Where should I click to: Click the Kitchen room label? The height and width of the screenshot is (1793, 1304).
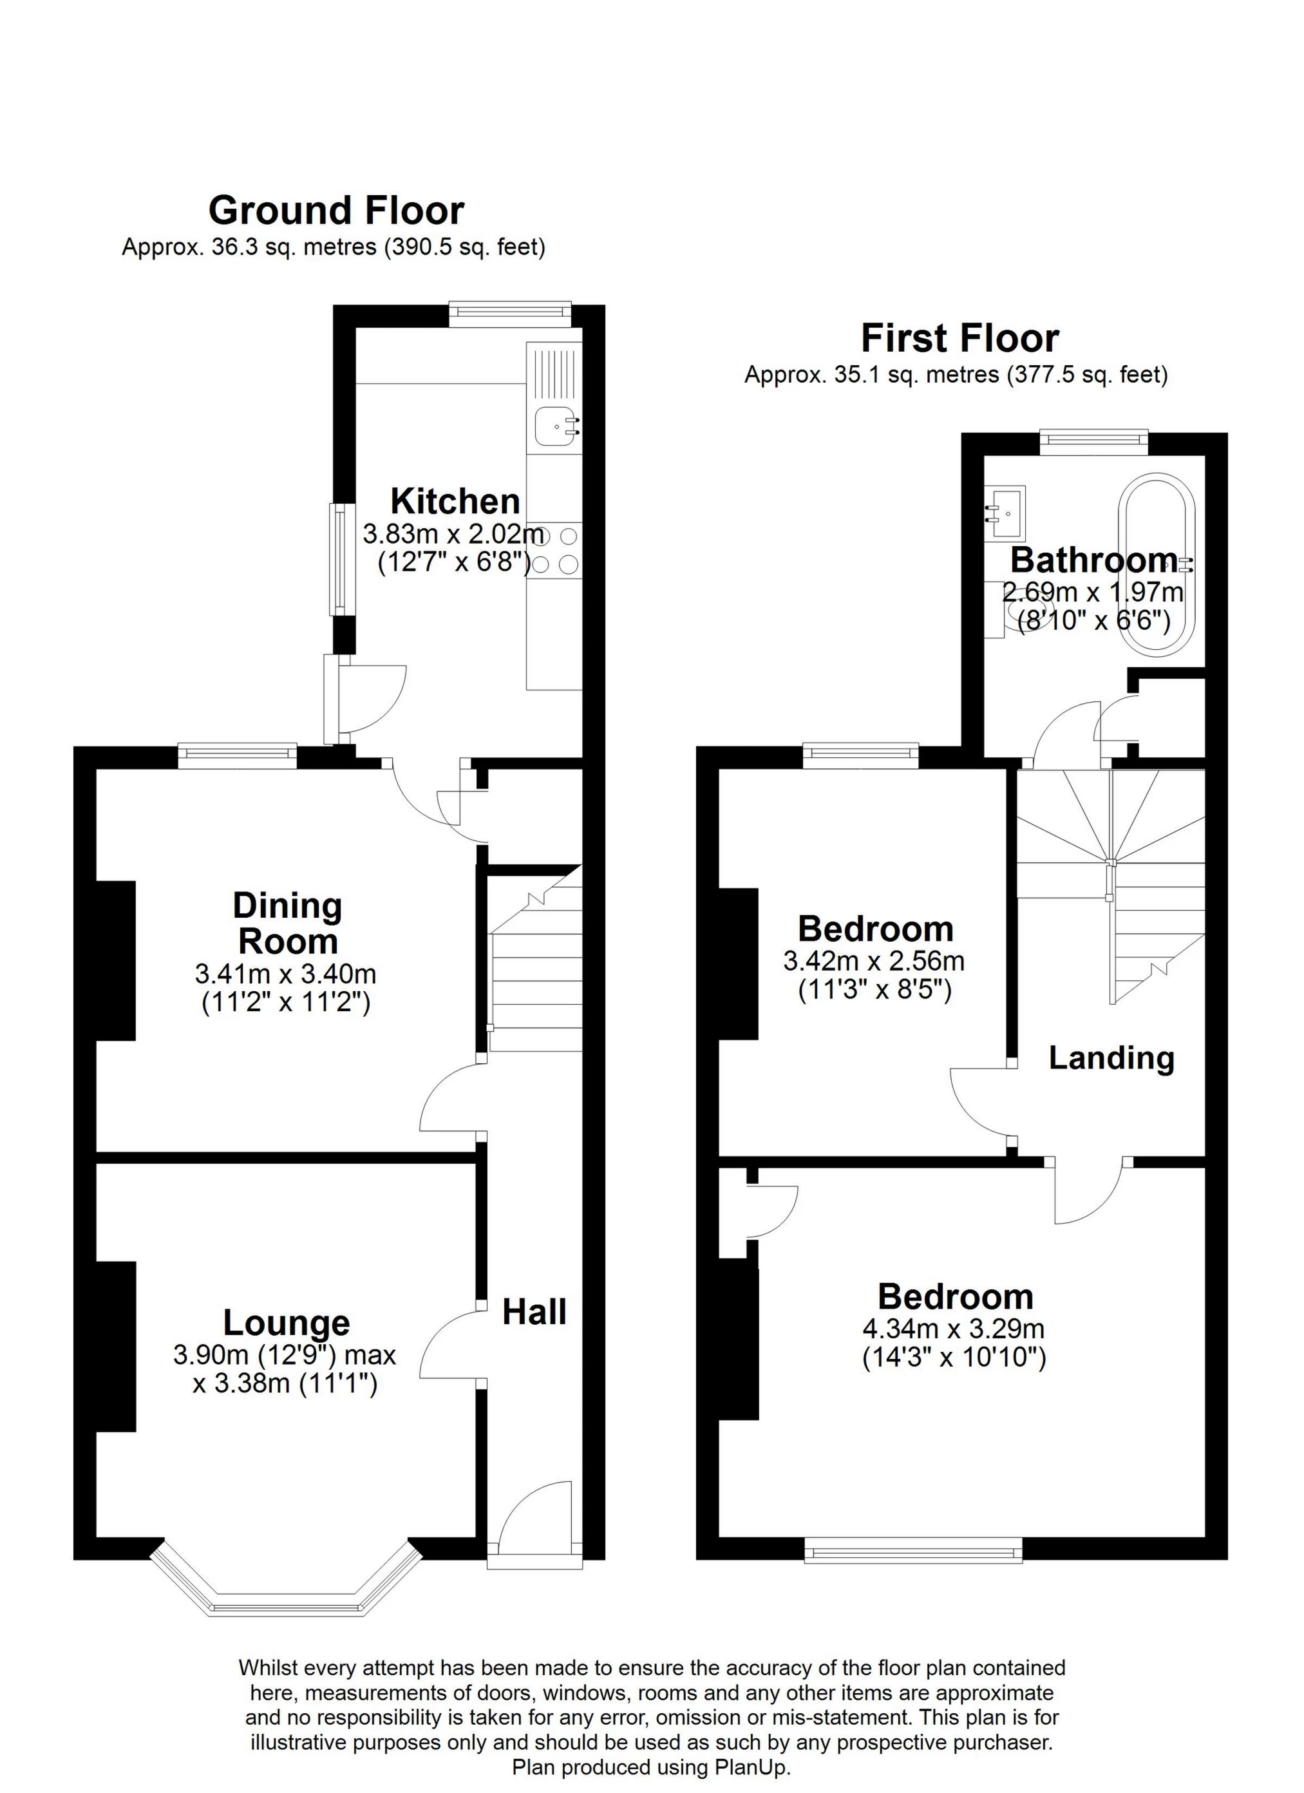click(455, 502)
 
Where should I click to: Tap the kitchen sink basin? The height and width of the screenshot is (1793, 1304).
click(556, 427)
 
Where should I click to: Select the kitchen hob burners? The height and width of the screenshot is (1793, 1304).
click(556, 551)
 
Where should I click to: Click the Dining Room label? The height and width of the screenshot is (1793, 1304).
click(288, 924)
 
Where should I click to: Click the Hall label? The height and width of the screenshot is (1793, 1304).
click(535, 1313)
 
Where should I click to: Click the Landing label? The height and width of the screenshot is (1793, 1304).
click(1111, 1058)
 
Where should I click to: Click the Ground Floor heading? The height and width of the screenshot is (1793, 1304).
click(336, 211)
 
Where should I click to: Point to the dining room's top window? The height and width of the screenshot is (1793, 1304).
click(237, 757)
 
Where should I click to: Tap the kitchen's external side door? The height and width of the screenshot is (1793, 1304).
click(332, 699)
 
